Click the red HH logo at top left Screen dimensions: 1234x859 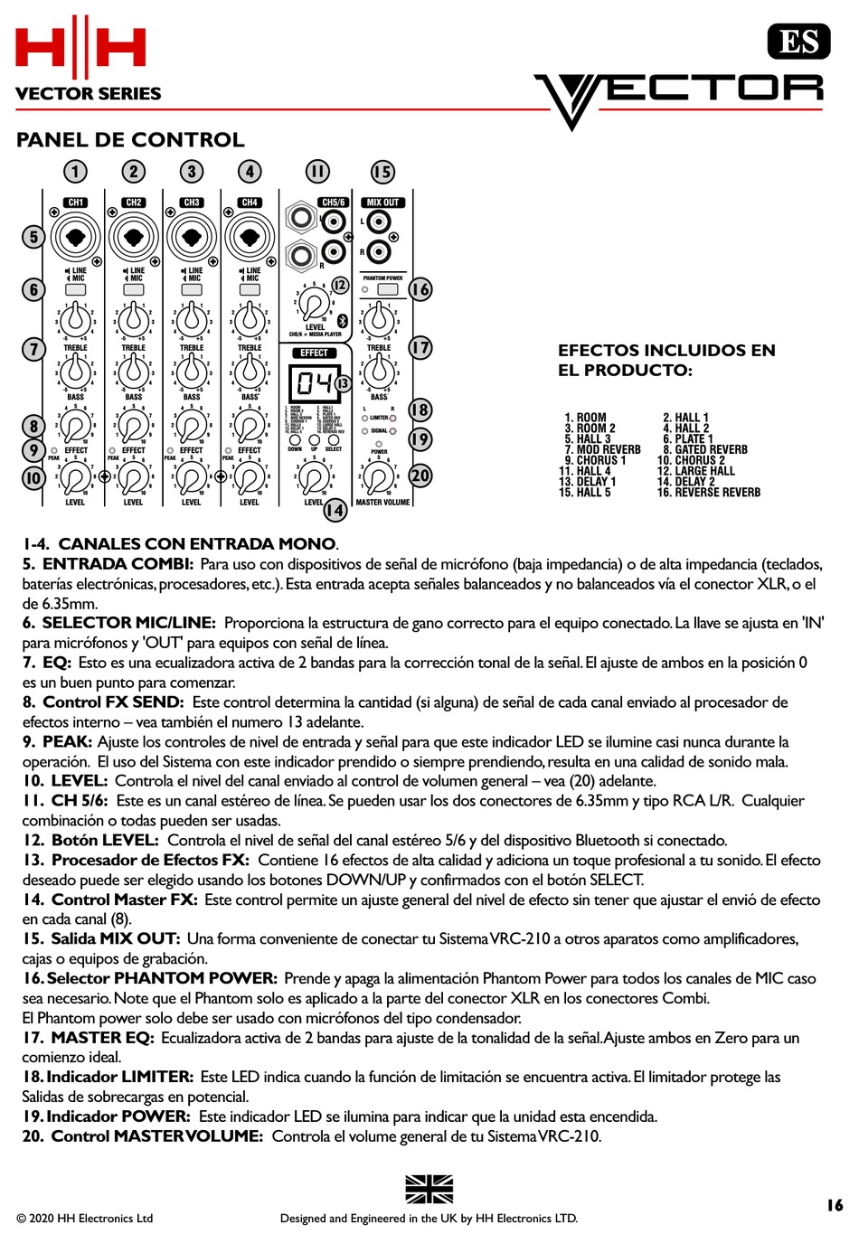80,47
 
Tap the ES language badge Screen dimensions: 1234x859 798,42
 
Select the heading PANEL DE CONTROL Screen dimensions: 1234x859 130,140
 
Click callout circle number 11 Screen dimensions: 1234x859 317,172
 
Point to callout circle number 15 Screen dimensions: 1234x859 382,172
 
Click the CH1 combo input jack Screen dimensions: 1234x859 76,238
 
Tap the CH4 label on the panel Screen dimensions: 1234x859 250,203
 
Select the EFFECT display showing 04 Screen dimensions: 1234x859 314,383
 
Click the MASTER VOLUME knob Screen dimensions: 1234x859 378,478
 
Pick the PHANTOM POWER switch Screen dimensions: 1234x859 388,289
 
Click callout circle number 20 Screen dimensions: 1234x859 420,476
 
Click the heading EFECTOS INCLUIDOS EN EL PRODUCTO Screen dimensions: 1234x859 666,360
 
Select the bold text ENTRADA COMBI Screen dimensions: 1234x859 118,564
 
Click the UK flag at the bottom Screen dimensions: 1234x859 429,1189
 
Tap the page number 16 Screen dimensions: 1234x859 834,1205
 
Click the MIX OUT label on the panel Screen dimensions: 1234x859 382,203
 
